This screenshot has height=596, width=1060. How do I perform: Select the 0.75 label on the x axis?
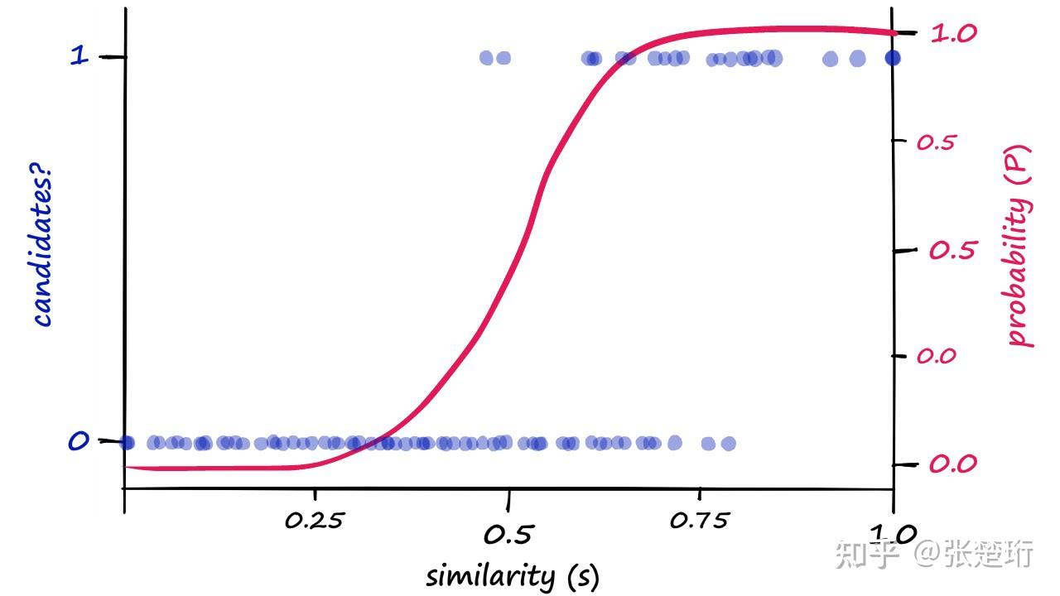click(699, 521)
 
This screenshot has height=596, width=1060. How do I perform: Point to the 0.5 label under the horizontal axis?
click(507, 535)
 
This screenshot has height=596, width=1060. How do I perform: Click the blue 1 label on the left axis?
click(79, 56)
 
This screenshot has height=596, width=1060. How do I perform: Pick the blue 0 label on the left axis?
click(78, 442)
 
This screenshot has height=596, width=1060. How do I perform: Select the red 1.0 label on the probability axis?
click(953, 33)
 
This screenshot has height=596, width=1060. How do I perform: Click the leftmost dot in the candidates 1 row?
click(486, 58)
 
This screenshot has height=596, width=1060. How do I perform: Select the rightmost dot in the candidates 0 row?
click(728, 444)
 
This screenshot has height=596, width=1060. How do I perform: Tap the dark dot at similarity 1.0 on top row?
click(892, 58)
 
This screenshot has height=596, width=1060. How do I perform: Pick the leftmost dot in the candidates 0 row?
click(127, 443)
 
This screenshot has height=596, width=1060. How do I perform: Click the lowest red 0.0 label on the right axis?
click(952, 464)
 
